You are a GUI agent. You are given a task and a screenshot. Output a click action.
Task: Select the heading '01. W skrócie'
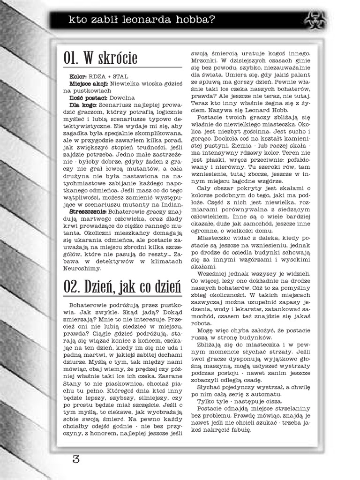point(101,58)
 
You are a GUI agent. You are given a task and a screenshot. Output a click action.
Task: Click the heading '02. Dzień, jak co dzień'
point(121,286)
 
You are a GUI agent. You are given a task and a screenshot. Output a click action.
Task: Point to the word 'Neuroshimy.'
point(81,269)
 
